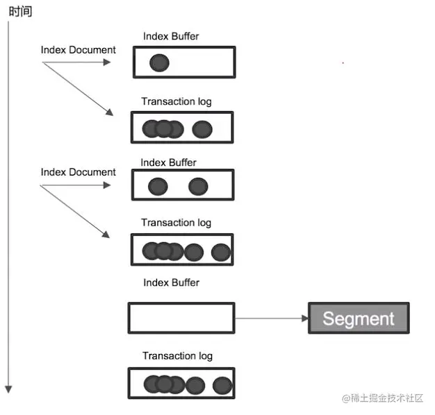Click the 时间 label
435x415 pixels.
click(20, 11)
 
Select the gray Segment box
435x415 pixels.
click(359, 319)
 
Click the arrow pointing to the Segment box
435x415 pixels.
click(272, 319)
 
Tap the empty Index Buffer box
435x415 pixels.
click(181, 318)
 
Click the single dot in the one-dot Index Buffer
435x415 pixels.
click(159, 63)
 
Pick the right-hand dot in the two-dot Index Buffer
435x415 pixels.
click(198, 186)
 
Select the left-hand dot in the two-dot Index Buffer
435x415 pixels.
click(158, 186)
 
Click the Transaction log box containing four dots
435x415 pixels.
click(182, 128)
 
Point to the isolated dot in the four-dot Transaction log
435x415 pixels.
click(202, 129)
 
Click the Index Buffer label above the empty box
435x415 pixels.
click(171, 282)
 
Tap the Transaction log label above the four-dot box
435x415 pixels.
click(177, 101)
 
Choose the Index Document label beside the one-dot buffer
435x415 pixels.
click(79, 49)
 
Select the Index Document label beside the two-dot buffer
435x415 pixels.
click(79, 171)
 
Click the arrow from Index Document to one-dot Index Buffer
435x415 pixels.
click(76, 62)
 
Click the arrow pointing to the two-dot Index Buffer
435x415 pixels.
click(76, 185)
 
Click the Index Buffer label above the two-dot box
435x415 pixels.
click(168, 162)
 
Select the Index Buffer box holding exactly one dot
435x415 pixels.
click(184, 62)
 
